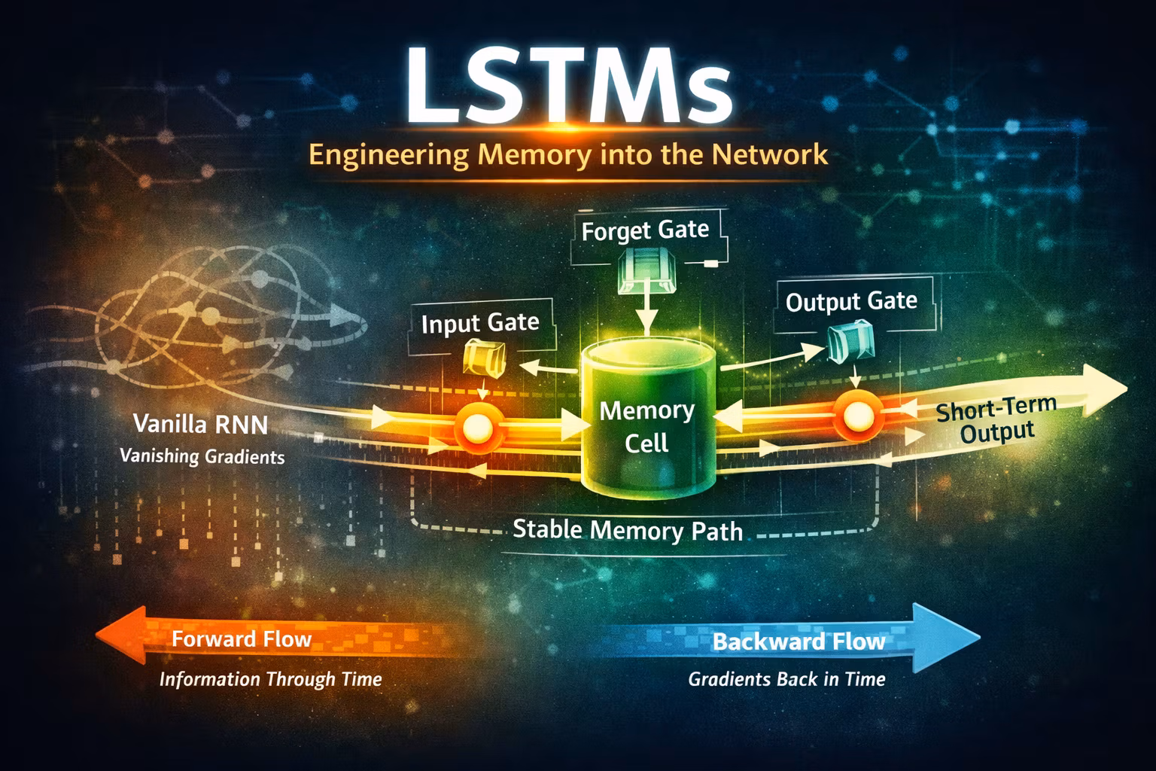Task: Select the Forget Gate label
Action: pyautogui.click(x=645, y=230)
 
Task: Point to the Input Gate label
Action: pyautogui.click(x=480, y=323)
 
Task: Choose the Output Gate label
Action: pyautogui.click(x=851, y=302)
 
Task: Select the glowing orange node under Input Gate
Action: pyautogui.click(x=476, y=428)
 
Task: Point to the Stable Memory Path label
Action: pyautogui.click(x=627, y=530)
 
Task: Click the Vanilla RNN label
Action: pyautogui.click(x=200, y=424)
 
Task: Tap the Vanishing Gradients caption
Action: pyautogui.click(x=202, y=456)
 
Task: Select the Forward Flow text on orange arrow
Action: pyautogui.click(x=242, y=639)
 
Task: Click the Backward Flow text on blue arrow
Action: pyautogui.click(x=799, y=641)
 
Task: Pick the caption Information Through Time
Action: pyautogui.click(x=270, y=679)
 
